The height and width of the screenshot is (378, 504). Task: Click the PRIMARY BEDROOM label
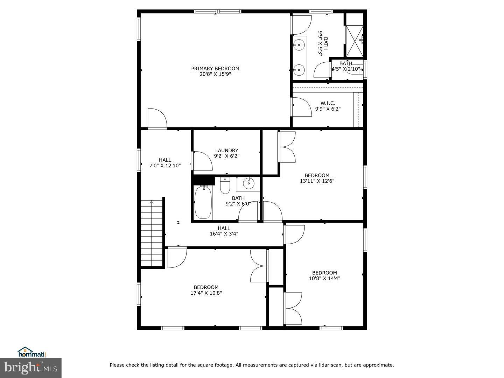(x=215, y=69)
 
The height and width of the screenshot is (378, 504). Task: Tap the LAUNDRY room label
(x=226, y=150)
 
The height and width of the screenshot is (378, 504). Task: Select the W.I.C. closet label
(x=328, y=103)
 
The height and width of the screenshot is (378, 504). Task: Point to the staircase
(x=152, y=232)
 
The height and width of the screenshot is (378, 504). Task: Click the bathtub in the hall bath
(x=203, y=203)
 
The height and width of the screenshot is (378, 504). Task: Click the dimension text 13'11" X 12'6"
(x=317, y=181)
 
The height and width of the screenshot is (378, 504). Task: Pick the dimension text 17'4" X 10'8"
(x=206, y=293)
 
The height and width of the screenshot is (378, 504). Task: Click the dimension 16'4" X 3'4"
(x=224, y=234)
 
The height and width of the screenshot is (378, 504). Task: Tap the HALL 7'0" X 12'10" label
(x=165, y=163)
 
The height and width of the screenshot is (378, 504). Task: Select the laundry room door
(x=202, y=161)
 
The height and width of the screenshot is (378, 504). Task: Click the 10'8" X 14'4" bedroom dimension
(x=324, y=279)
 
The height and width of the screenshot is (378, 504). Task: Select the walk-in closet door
(x=301, y=107)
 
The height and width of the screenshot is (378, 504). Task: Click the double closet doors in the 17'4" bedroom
(x=259, y=266)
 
